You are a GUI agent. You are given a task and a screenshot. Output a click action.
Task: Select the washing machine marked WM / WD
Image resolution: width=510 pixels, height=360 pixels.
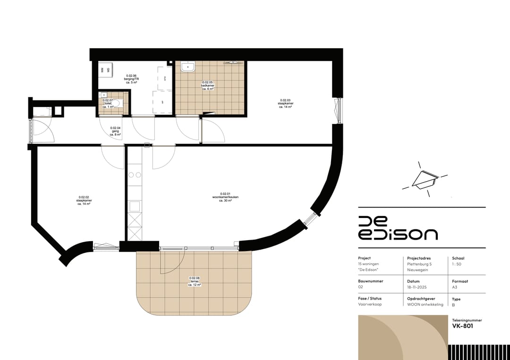(105, 70)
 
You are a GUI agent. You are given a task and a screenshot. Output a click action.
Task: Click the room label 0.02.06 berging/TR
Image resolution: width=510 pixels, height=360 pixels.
(131, 79)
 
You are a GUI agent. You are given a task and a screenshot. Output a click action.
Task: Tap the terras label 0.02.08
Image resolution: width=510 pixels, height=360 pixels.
(195, 282)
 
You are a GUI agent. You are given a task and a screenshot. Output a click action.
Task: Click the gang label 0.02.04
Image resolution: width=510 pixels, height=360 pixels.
(116, 131)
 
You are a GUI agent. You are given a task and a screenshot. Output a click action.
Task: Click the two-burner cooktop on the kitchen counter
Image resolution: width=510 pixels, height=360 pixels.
(135, 175)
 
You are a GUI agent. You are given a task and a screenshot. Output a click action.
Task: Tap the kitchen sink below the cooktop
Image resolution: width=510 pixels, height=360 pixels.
(135, 206)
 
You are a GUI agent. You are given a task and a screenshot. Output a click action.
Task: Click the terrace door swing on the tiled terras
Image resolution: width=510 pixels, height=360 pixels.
(171, 262)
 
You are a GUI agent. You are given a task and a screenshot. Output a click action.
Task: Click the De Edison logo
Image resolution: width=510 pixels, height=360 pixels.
(398, 228)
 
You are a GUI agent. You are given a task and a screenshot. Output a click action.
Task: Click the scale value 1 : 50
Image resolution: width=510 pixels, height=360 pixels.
(457, 264)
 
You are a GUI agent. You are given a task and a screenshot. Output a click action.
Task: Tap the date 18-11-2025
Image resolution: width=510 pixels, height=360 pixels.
(417, 287)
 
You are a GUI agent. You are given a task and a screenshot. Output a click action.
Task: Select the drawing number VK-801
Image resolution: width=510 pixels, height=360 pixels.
(463, 326)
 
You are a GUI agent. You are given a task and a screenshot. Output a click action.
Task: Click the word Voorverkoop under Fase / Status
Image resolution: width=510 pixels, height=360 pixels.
(370, 304)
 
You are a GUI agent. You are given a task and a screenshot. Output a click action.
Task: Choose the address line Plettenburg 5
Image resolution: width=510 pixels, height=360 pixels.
(420, 264)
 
